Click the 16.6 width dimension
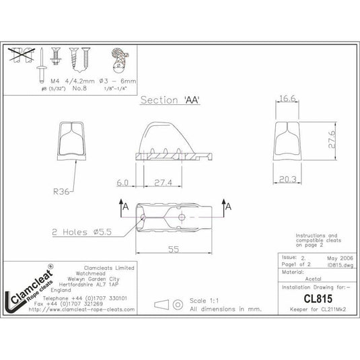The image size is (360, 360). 289,99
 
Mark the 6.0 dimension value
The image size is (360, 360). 122,182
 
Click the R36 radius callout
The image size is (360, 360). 62,190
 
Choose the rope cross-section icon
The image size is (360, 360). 120,62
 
